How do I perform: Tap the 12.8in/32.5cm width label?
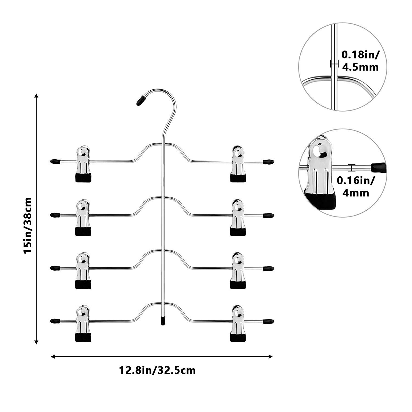click(x=157, y=370)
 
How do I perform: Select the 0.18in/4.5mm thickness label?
click(x=360, y=61)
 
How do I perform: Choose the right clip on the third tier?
click(x=238, y=271)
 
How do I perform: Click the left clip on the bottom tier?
click(x=83, y=324)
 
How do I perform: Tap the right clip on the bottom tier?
click(x=238, y=324)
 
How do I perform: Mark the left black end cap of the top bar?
click(x=55, y=162)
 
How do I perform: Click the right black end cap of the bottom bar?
click(x=268, y=321)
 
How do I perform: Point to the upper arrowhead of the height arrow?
click(x=36, y=95)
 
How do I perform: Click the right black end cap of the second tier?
click(x=268, y=215)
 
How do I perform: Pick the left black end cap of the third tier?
click(x=55, y=268)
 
